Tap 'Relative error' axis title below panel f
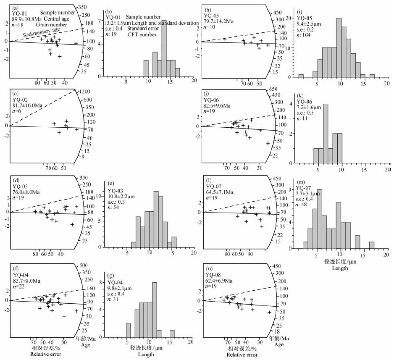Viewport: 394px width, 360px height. [47, 355]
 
